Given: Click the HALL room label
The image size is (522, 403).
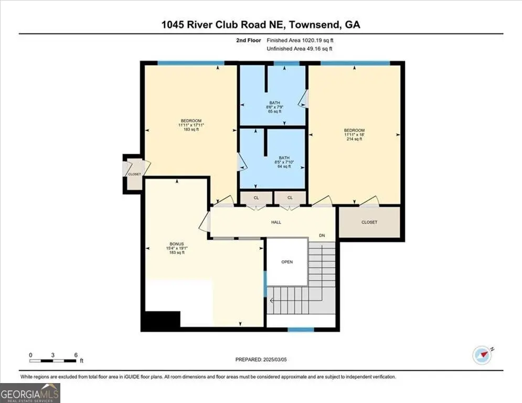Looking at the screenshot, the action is (x=276, y=222).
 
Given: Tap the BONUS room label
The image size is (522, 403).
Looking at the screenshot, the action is (x=176, y=244).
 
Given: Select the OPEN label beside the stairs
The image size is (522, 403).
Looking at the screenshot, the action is (x=287, y=262).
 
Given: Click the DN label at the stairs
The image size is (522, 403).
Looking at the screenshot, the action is (x=322, y=236).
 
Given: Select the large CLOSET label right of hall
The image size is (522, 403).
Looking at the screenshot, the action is (x=369, y=222).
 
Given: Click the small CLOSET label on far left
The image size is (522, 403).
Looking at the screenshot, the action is (x=134, y=174).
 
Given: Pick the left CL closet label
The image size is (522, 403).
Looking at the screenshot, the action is (x=257, y=198).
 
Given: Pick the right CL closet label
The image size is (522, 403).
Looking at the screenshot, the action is (x=290, y=198).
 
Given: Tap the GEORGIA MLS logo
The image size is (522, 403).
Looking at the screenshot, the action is (x=30, y=393).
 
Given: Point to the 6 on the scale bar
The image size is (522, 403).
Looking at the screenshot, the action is (x=76, y=355).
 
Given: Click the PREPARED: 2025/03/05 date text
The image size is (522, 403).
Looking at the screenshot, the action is (x=261, y=359).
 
